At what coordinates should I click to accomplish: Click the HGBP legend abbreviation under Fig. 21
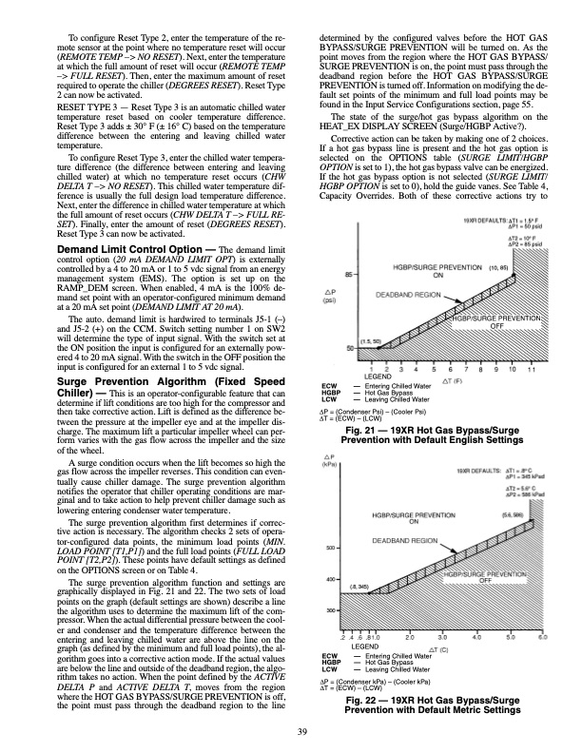(x=332, y=391)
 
